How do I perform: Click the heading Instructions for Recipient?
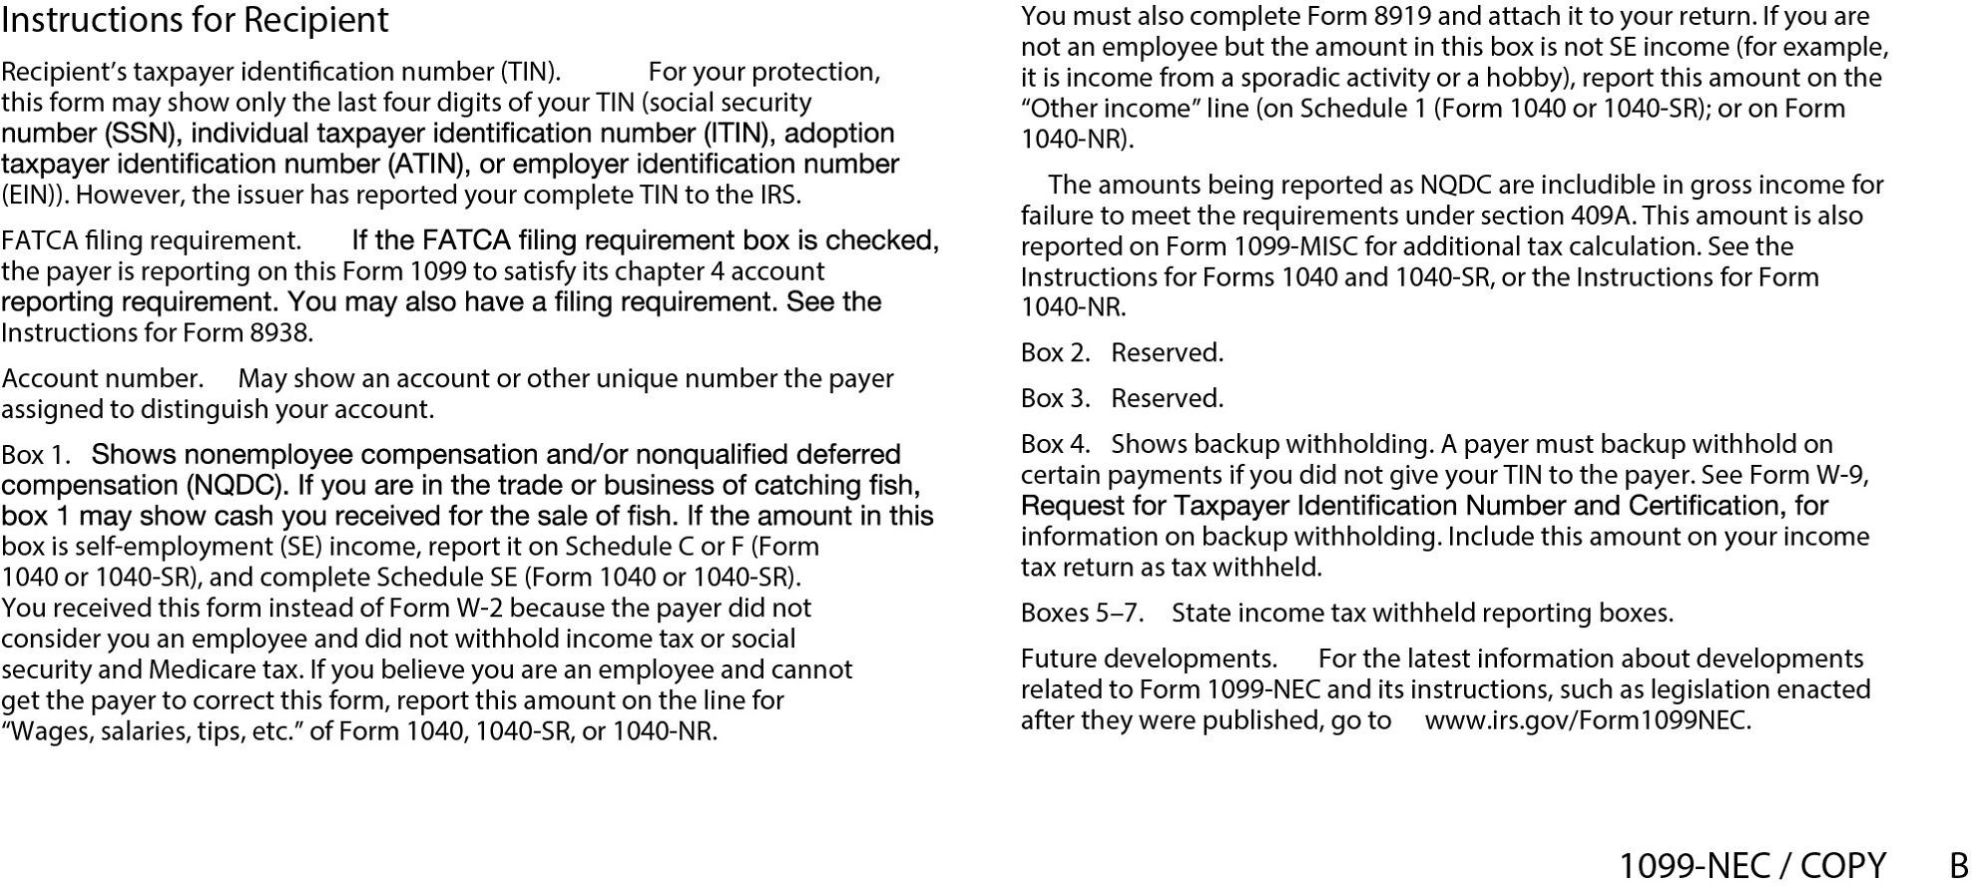pyautogui.click(x=195, y=20)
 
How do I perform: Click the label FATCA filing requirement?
pyautogui.click(x=151, y=241)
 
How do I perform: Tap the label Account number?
pyautogui.click(x=103, y=379)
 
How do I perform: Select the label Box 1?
pyautogui.click(x=36, y=456)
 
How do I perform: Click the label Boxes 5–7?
pyautogui.click(x=1082, y=614)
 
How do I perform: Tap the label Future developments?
pyautogui.click(x=1149, y=660)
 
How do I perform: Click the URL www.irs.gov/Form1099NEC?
pyautogui.click(x=1587, y=721)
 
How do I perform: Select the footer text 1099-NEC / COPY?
pyautogui.click(x=1751, y=865)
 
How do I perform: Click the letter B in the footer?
pyautogui.click(x=1959, y=865)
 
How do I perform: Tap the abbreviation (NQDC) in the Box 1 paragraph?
pyautogui.click(x=239, y=486)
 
